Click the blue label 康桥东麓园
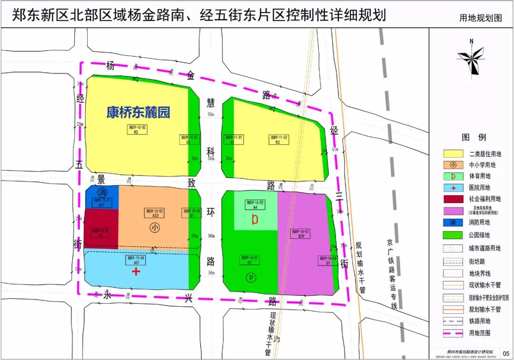click(x=138, y=113)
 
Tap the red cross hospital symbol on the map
click(x=137, y=272)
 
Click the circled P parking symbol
click(x=250, y=277)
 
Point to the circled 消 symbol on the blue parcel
click(x=101, y=193)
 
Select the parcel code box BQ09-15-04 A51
click(x=136, y=260)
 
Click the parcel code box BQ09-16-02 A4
click(x=255, y=204)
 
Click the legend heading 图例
click(x=474, y=137)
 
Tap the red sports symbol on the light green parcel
click(x=255, y=219)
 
